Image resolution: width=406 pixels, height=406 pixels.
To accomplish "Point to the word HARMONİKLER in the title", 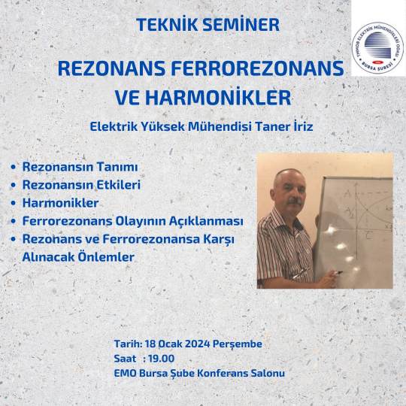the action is [x=218, y=97].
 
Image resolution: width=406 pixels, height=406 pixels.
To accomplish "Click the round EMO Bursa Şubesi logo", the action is [x=377, y=48].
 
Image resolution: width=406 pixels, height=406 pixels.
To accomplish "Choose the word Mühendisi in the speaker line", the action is [x=220, y=126].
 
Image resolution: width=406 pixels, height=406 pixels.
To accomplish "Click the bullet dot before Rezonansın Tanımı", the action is [x=14, y=167].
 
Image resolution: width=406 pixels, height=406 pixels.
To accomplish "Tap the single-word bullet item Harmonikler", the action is [x=60, y=203].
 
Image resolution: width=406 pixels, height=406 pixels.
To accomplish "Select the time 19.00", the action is [x=162, y=359].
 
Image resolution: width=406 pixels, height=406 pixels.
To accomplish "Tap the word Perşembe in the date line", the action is [x=237, y=344].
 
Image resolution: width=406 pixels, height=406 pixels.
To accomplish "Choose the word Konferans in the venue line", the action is [x=223, y=373].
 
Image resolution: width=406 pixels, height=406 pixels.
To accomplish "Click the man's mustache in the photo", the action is [x=295, y=201].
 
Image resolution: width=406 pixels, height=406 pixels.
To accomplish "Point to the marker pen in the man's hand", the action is [x=337, y=273].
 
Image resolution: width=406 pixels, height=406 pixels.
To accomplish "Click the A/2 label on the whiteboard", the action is [x=350, y=213].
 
